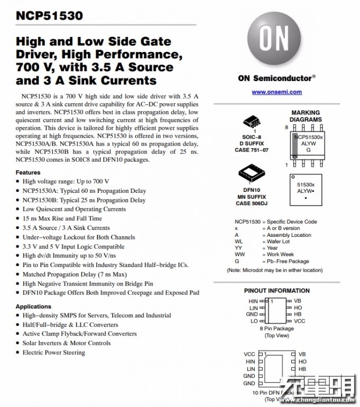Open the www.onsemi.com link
pos(276,92)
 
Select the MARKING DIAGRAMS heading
pos(306,116)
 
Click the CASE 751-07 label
pos(252,150)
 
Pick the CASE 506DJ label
pos(251,203)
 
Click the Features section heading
pos(28,173)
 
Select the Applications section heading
pos(33,307)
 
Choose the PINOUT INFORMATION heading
pos(276,290)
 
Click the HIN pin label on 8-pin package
pos(253,301)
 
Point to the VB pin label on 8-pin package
pos(298,301)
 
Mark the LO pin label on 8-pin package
pos(254,321)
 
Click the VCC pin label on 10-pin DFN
pos(249,354)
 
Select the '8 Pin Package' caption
pos(276,329)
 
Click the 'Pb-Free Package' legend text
pos(288,261)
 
